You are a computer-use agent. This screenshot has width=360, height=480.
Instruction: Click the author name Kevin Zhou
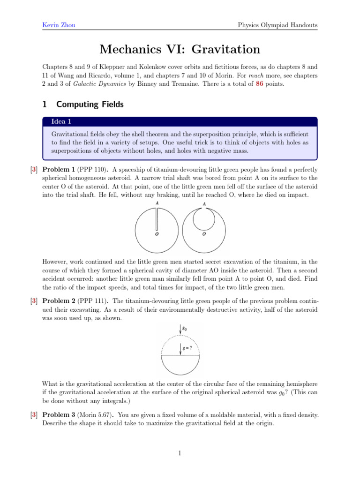(x=55, y=24)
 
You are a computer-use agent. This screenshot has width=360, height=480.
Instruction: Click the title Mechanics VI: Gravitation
(x=180, y=49)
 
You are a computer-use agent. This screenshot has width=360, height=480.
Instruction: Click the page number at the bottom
(x=180, y=453)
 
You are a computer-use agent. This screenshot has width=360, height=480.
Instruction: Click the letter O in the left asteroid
(x=157, y=235)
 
